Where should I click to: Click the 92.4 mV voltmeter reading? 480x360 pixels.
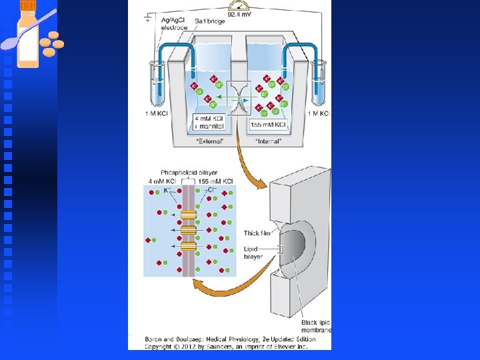(x=240, y=13)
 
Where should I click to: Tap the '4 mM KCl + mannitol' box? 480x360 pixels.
(x=209, y=121)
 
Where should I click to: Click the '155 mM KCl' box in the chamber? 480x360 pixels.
(x=269, y=125)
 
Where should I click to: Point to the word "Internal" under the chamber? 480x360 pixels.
(x=268, y=141)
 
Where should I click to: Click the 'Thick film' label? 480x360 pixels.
(x=252, y=233)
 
